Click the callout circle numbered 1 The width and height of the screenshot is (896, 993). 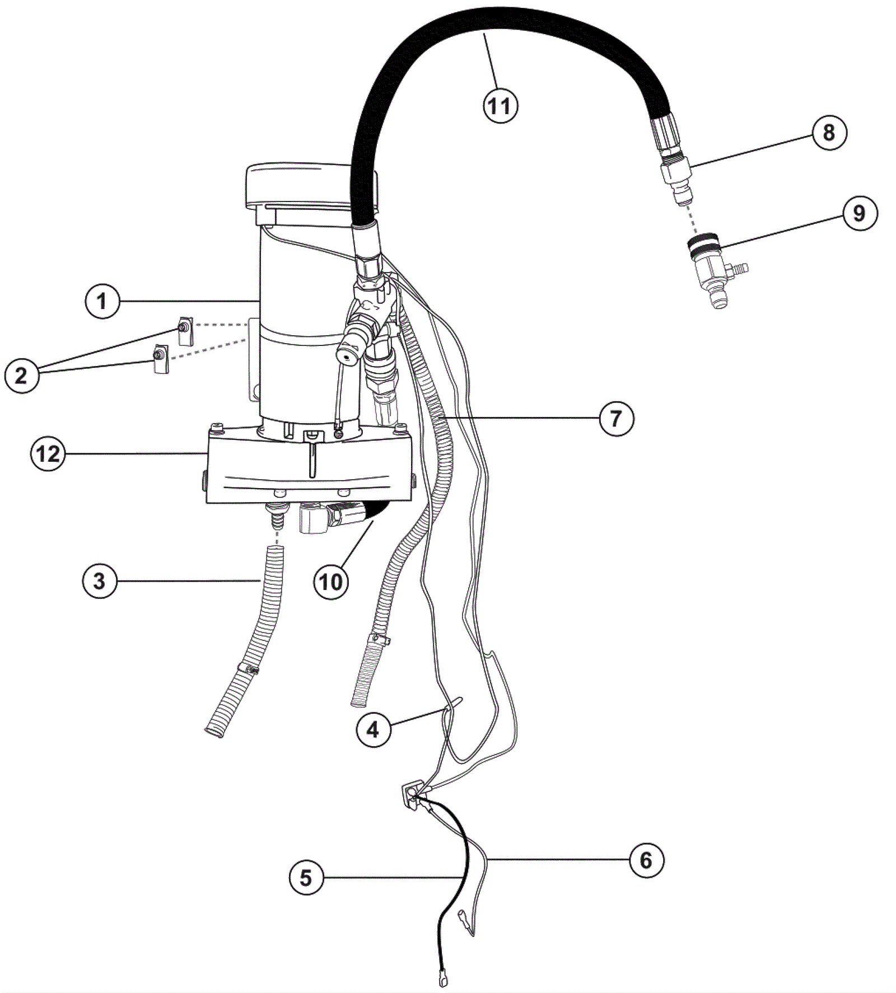click(x=102, y=302)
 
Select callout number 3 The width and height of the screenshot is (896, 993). click(x=99, y=581)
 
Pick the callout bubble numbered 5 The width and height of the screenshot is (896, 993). click(x=306, y=877)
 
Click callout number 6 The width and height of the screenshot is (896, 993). click(x=646, y=859)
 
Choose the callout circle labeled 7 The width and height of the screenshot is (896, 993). click(x=616, y=418)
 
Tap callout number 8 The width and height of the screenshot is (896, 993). click(x=829, y=133)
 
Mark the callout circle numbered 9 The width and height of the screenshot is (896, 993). click(x=858, y=213)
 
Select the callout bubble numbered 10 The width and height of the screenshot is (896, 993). click(x=330, y=582)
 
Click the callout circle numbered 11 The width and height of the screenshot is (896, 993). click(x=500, y=105)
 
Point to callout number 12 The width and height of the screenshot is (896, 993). click(x=48, y=453)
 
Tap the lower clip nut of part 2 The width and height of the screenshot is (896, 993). click(x=160, y=358)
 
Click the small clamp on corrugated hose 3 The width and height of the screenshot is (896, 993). click(x=247, y=668)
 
